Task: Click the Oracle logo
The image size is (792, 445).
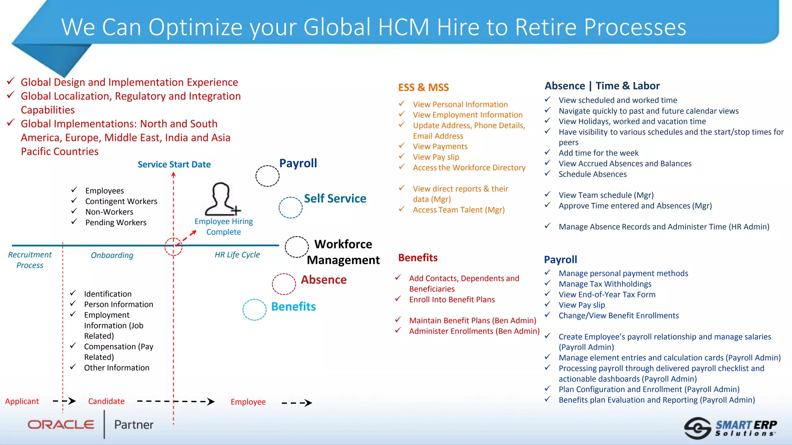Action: [61, 425]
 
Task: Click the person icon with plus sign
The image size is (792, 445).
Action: [222, 199]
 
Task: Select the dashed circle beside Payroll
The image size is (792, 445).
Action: [267, 176]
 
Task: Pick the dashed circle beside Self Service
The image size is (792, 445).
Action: [290, 208]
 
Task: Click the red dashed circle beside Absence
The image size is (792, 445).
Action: [284, 284]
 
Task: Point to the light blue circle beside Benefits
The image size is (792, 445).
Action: [254, 310]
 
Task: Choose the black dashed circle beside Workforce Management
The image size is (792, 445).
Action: [297, 247]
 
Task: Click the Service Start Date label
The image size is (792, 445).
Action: [174, 165]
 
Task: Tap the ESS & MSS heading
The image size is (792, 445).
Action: [423, 88]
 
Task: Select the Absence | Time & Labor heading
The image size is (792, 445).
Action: [602, 86]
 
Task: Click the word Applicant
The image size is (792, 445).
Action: [22, 401]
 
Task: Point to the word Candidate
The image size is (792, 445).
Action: [106, 401]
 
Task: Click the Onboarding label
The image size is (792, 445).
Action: [112, 255]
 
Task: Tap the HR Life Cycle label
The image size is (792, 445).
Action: [237, 255]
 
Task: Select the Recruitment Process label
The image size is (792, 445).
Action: [30, 260]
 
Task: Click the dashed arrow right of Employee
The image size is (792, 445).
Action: [297, 403]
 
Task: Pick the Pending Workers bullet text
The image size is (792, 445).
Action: [116, 222]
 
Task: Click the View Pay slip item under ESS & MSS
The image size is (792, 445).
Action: [436, 157]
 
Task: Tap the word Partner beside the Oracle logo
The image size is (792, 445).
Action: [134, 425]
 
